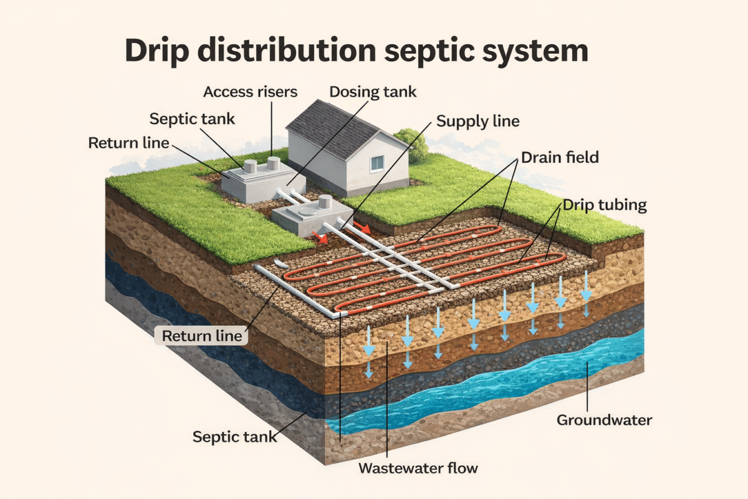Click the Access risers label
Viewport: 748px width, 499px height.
(251, 92)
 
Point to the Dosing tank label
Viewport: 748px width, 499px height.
(373, 92)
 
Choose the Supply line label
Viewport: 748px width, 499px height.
(477, 120)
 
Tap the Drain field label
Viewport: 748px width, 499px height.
(560, 157)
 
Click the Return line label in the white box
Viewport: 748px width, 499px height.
(201, 336)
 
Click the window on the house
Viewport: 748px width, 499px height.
(378, 163)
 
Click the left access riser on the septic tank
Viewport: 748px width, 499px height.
(250, 167)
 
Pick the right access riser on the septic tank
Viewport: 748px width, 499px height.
(273, 163)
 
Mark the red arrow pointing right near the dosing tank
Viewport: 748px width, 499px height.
(362, 226)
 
